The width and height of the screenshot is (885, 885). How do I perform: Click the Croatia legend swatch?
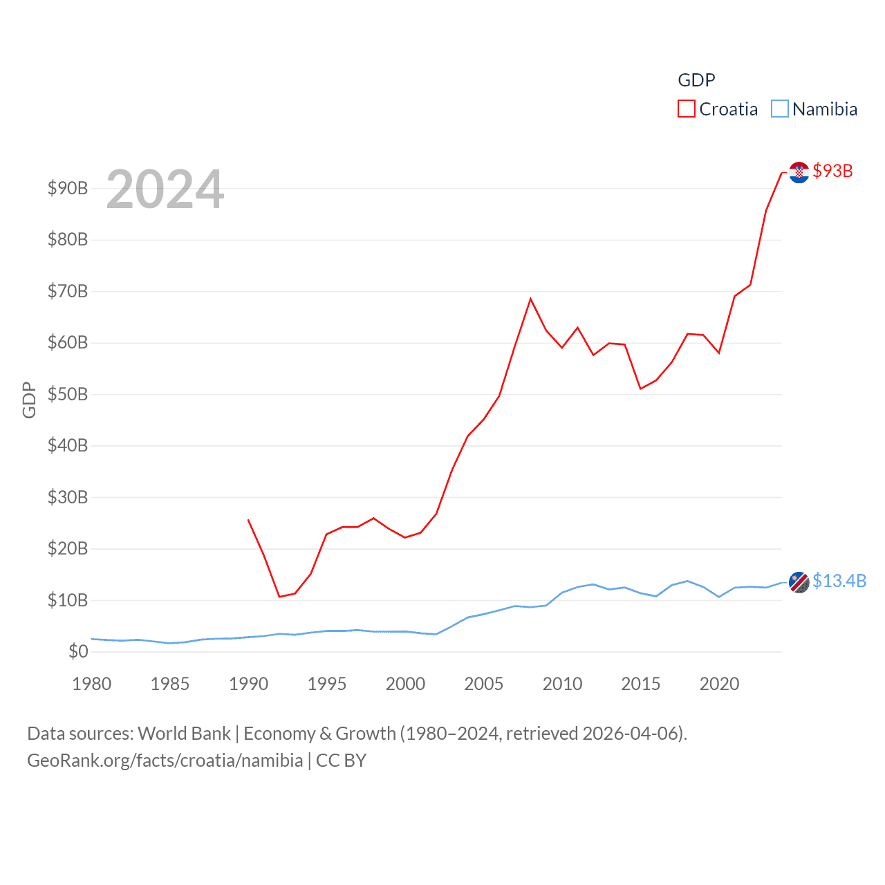pyautogui.click(x=686, y=109)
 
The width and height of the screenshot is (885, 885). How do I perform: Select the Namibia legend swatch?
pyautogui.click(x=779, y=109)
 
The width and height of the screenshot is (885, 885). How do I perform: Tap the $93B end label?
pyautogui.click(x=832, y=171)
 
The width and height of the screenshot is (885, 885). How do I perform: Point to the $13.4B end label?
pyautogui.click(x=839, y=581)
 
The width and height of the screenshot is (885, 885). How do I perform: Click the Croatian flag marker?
pyautogui.click(x=799, y=172)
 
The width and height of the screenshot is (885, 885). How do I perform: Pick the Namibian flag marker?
pyautogui.click(x=799, y=582)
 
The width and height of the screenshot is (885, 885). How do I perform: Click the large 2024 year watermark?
pyautogui.click(x=165, y=189)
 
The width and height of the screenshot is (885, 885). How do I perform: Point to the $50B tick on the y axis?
pyautogui.click(x=68, y=394)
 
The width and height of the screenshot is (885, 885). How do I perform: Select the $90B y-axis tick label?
pyautogui.click(x=68, y=188)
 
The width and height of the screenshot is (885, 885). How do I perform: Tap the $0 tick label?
pyautogui.click(x=78, y=651)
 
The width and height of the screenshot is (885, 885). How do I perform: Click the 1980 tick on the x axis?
pyautogui.click(x=91, y=684)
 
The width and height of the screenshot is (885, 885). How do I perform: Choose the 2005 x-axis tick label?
pyautogui.click(x=483, y=684)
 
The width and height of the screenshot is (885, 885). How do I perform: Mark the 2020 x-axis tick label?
pyautogui.click(x=719, y=684)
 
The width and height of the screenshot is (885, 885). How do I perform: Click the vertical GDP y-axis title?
pyautogui.click(x=29, y=400)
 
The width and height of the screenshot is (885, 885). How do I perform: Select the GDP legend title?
pyautogui.click(x=696, y=80)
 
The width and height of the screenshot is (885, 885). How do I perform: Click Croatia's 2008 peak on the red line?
pyautogui.click(x=530, y=299)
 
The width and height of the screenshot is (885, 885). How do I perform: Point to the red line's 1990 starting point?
pyautogui.click(x=248, y=520)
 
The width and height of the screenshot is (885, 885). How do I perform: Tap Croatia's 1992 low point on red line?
pyautogui.click(x=279, y=597)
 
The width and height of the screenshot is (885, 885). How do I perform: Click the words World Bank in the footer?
pyautogui.click(x=184, y=733)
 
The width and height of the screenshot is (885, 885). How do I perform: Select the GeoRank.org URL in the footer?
pyautogui.click(x=165, y=761)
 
